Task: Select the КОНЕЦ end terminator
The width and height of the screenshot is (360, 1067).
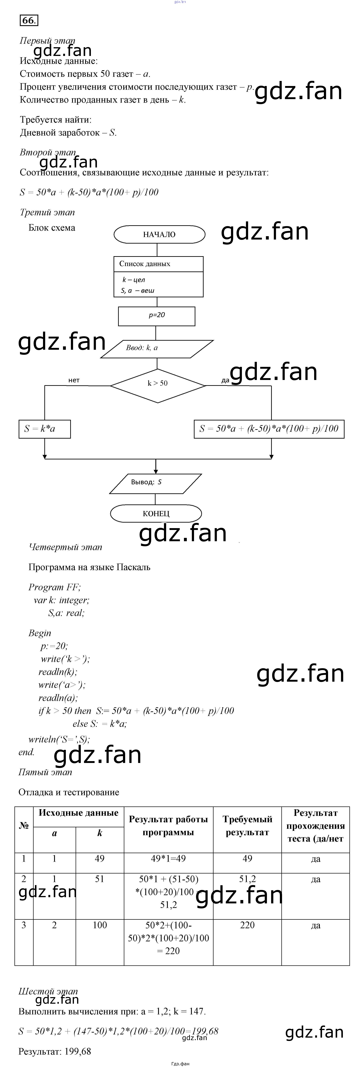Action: click(x=156, y=514)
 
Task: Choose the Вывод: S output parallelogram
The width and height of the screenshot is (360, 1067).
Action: click(x=155, y=483)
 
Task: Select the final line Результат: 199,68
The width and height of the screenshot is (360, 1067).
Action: click(x=55, y=1051)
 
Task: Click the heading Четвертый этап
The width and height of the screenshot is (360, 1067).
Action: click(x=66, y=547)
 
